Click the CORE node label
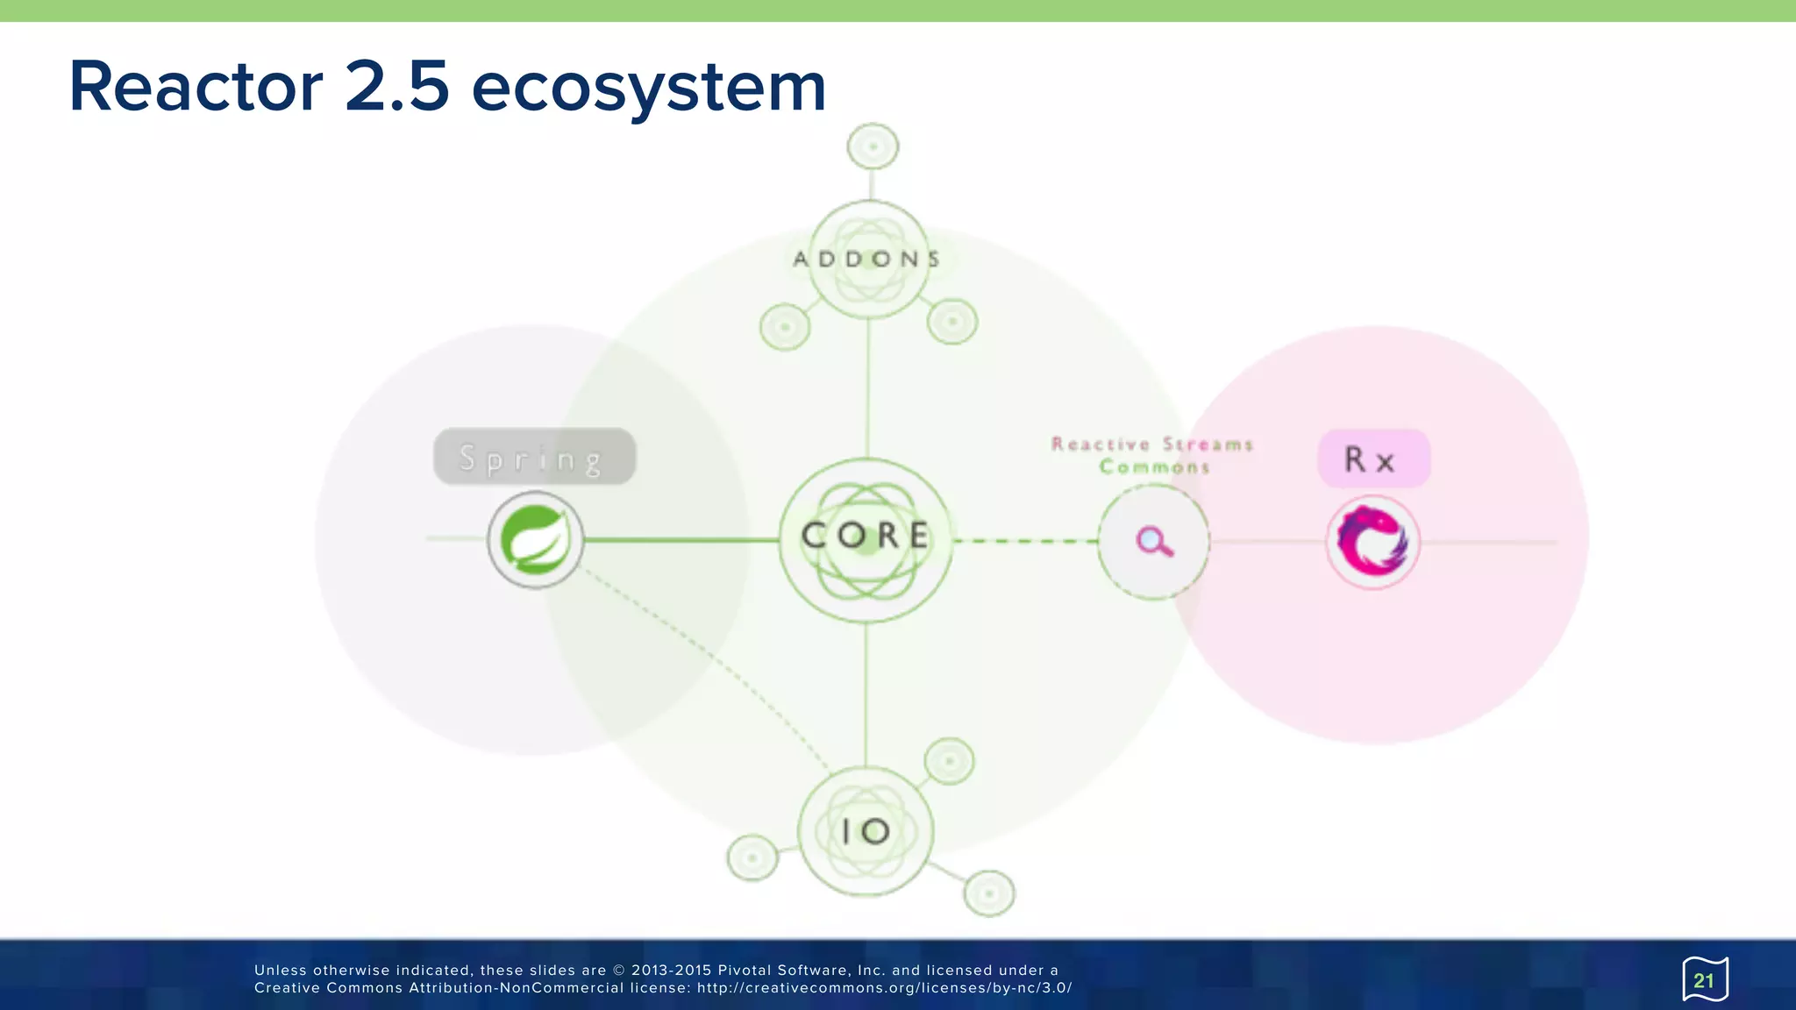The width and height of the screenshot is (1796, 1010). [x=866, y=536]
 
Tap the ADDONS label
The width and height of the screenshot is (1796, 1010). [x=866, y=260]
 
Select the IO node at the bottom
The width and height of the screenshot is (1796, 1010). [x=866, y=831]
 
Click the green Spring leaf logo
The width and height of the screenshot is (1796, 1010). [x=535, y=540]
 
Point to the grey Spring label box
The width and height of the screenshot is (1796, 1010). [x=534, y=457]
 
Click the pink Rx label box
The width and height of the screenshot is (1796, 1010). [x=1373, y=459]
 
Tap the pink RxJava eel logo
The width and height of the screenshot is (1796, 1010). [x=1372, y=542]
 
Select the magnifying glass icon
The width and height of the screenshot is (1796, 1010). [x=1154, y=542]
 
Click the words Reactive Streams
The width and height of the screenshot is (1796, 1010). [x=1152, y=445]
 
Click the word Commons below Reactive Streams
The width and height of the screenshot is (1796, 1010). [x=1154, y=467]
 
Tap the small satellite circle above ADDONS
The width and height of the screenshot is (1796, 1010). [x=873, y=146]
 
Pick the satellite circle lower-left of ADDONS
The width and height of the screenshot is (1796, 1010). [x=785, y=327]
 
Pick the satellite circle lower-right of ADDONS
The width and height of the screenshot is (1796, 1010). [x=952, y=322]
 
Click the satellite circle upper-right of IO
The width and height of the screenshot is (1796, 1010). [x=949, y=761]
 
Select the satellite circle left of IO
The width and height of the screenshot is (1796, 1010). [x=752, y=857]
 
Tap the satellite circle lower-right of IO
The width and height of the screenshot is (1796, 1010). [x=989, y=893]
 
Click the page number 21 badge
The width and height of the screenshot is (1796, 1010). [x=1704, y=980]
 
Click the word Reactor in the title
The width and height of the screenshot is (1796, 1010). [x=196, y=87]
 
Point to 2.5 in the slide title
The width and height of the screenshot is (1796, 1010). [x=396, y=87]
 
